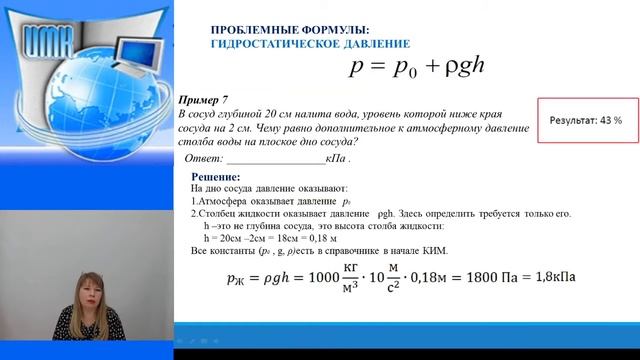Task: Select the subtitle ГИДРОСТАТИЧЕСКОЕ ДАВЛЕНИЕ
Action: (x=309, y=44)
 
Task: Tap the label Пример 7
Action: (x=203, y=101)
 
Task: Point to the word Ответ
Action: (x=197, y=158)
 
